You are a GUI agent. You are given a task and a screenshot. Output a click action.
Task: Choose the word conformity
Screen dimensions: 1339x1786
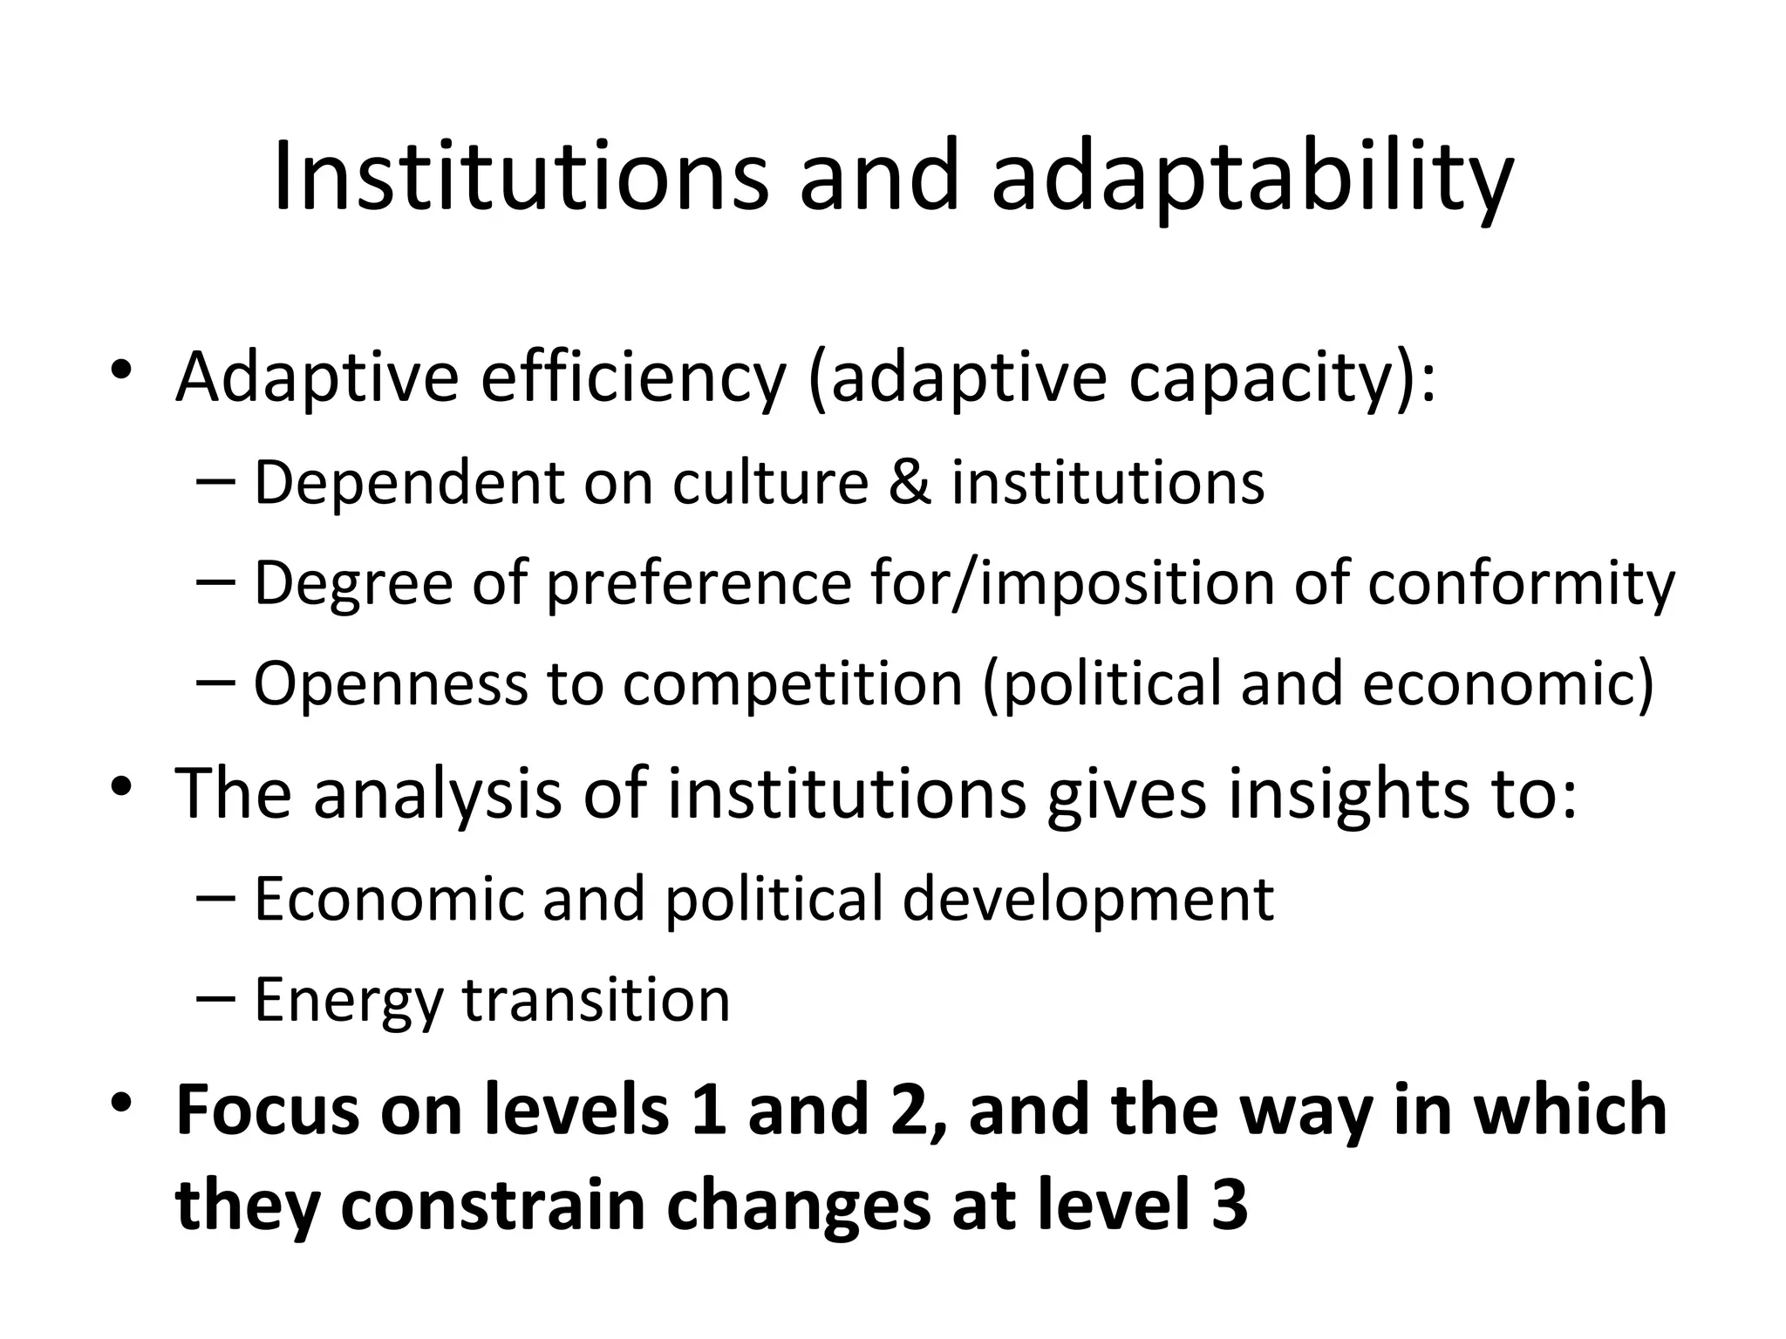1521,583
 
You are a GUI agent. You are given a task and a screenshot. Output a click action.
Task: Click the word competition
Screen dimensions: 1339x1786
792,683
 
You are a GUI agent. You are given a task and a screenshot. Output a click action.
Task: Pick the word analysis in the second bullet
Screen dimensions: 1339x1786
437,794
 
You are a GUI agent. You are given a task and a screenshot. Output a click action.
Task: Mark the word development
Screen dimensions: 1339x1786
1087,900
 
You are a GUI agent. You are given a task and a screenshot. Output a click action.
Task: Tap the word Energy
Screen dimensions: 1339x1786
348,1002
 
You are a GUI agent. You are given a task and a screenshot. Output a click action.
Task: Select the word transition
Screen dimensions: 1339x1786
596,1000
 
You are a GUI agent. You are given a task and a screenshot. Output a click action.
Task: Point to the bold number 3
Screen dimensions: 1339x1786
1230,1206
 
